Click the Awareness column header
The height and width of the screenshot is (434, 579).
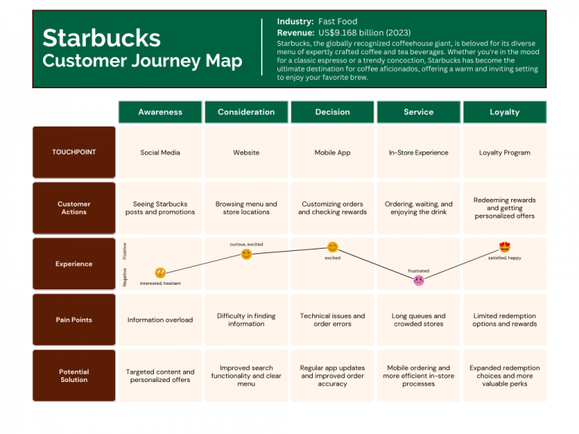coord(160,112)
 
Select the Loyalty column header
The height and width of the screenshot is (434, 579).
coord(504,112)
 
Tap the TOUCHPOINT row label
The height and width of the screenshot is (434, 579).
coord(74,152)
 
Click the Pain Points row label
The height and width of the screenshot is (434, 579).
coord(74,319)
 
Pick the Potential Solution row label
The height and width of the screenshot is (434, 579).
coord(74,375)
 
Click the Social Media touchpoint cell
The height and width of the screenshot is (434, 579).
coord(160,152)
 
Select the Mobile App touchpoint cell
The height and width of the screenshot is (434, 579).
coord(332,152)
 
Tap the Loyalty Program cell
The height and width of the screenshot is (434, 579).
coord(504,152)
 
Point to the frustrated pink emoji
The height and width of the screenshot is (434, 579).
coord(418,280)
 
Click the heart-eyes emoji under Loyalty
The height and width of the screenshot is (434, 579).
coord(504,247)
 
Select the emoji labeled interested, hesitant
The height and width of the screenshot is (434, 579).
coord(160,273)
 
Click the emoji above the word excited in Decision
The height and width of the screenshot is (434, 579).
coord(332,247)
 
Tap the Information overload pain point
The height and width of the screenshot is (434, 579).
coord(160,319)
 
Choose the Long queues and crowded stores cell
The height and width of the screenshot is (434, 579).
coord(418,319)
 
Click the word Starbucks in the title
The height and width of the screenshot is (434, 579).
coord(101,38)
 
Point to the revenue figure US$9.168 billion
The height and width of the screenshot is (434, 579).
coord(365,32)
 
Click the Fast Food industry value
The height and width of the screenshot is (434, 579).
coord(337,22)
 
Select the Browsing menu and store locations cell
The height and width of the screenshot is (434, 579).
coord(246,208)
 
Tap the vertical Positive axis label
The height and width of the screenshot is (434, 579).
coord(124,252)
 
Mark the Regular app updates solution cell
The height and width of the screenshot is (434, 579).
coord(332,375)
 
